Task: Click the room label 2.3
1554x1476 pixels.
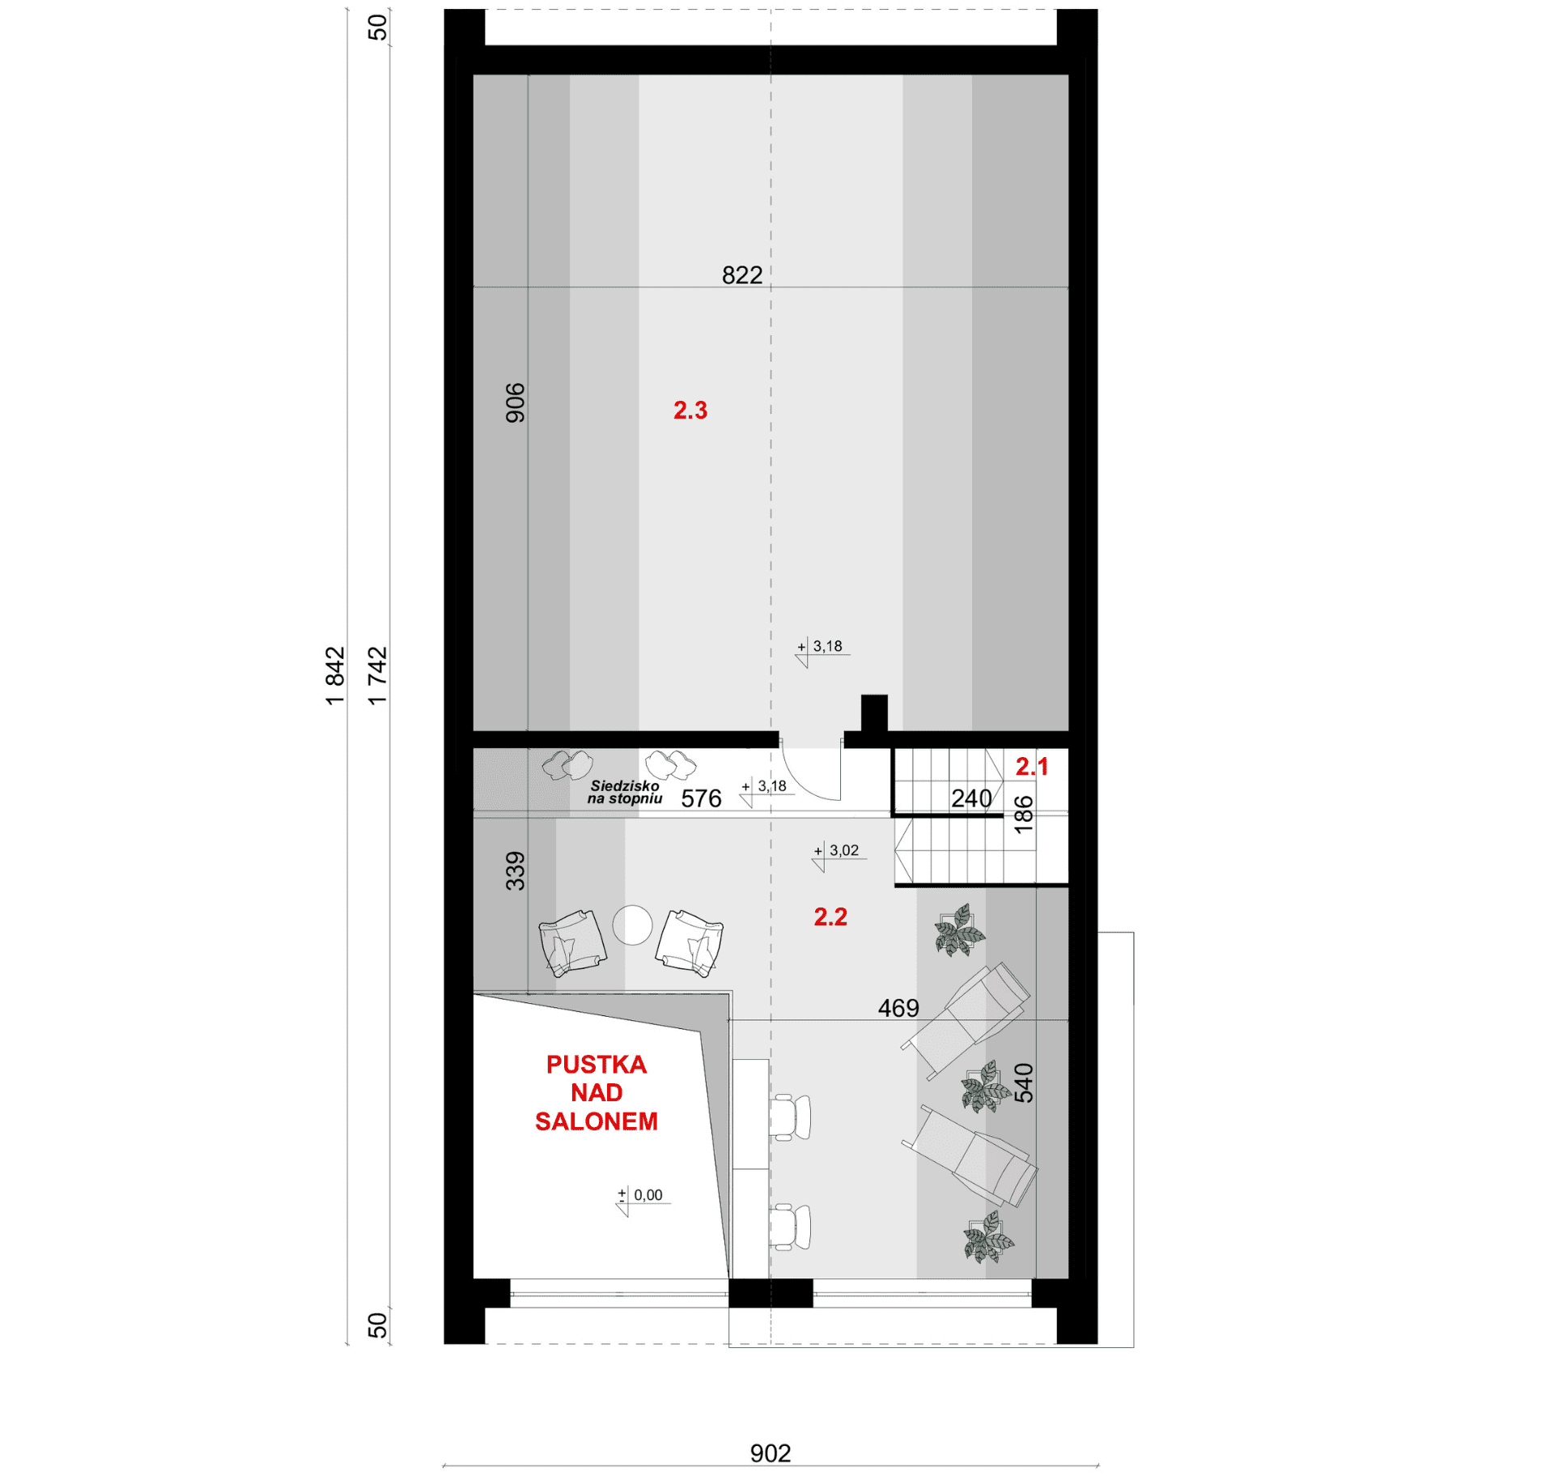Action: click(x=690, y=410)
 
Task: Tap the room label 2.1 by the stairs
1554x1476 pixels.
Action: click(x=1032, y=766)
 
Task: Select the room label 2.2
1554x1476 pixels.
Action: click(x=830, y=917)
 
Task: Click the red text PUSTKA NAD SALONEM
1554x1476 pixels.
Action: click(x=597, y=1092)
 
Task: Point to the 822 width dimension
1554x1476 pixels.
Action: click(x=742, y=275)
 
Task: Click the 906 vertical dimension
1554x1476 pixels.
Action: click(x=516, y=403)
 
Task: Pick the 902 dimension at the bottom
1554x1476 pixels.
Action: click(x=771, y=1453)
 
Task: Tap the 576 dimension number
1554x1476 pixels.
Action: click(x=701, y=799)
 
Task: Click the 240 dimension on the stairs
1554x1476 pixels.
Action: click(x=971, y=799)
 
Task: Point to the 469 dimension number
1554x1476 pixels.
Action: click(x=898, y=1008)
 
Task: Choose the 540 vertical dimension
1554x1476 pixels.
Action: click(x=1024, y=1083)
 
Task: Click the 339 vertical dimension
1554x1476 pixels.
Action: click(x=516, y=871)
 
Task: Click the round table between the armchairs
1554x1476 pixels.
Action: click(x=632, y=925)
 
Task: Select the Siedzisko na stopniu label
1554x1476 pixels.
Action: click(x=625, y=792)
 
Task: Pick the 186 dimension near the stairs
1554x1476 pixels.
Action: click(x=1024, y=815)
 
